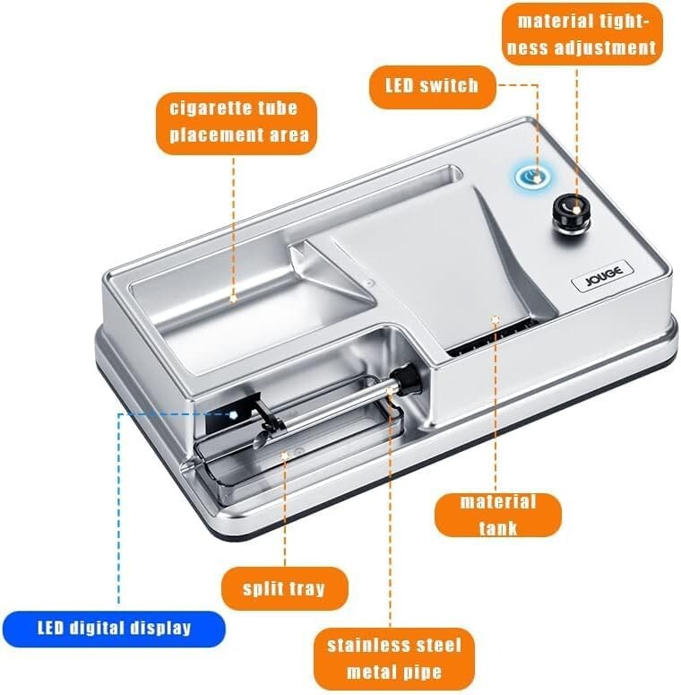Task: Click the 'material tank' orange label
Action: click(x=497, y=514)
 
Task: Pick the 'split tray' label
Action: click(x=284, y=588)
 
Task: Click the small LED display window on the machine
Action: click(x=228, y=414)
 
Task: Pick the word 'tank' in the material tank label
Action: click(x=497, y=527)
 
